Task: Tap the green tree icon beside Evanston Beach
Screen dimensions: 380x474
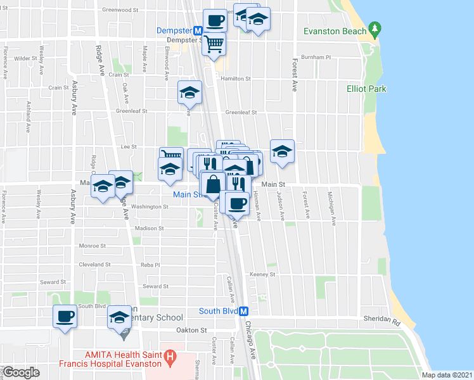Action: point(375,28)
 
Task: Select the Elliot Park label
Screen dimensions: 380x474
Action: point(366,89)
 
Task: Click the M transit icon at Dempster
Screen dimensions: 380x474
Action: point(198,30)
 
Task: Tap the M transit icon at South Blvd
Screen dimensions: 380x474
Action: point(243,311)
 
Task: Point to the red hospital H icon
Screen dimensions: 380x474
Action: point(169,358)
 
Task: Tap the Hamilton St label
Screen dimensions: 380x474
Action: point(236,79)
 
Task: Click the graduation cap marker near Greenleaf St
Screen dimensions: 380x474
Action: point(189,92)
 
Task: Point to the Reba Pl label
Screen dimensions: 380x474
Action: point(150,265)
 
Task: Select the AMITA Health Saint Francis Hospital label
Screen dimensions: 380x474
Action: point(120,358)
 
